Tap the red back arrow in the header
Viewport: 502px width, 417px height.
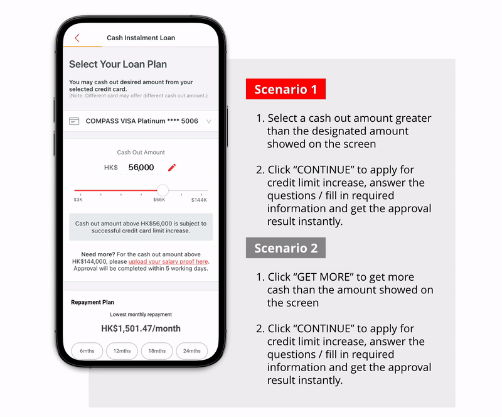click(77, 38)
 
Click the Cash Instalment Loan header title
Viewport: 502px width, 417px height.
click(141, 38)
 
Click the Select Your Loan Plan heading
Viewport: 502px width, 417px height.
click(118, 64)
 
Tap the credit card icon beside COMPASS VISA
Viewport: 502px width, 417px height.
click(74, 121)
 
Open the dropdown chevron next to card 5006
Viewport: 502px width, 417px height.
click(209, 121)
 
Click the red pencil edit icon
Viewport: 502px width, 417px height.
click(172, 167)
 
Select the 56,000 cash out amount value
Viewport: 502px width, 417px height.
click(141, 168)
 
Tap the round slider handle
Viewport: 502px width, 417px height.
click(163, 190)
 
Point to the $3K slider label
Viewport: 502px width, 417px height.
click(78, 200)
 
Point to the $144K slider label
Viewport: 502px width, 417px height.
click(199, 200)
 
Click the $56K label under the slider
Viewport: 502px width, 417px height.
click(159, 200)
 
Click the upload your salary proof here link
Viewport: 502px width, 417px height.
click(168, 261)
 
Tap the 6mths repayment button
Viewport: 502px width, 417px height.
click(87, 351)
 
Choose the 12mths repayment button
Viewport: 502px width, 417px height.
click(122, 351)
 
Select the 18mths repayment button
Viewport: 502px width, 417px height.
click(157, 351)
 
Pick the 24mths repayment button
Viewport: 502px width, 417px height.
click(191, 351)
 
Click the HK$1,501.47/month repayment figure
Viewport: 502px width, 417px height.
click(141, 328)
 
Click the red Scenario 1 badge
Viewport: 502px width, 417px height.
click(286, 89)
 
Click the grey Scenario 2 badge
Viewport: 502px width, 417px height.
click(286, 248)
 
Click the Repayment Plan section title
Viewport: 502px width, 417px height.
click(92, 302)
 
